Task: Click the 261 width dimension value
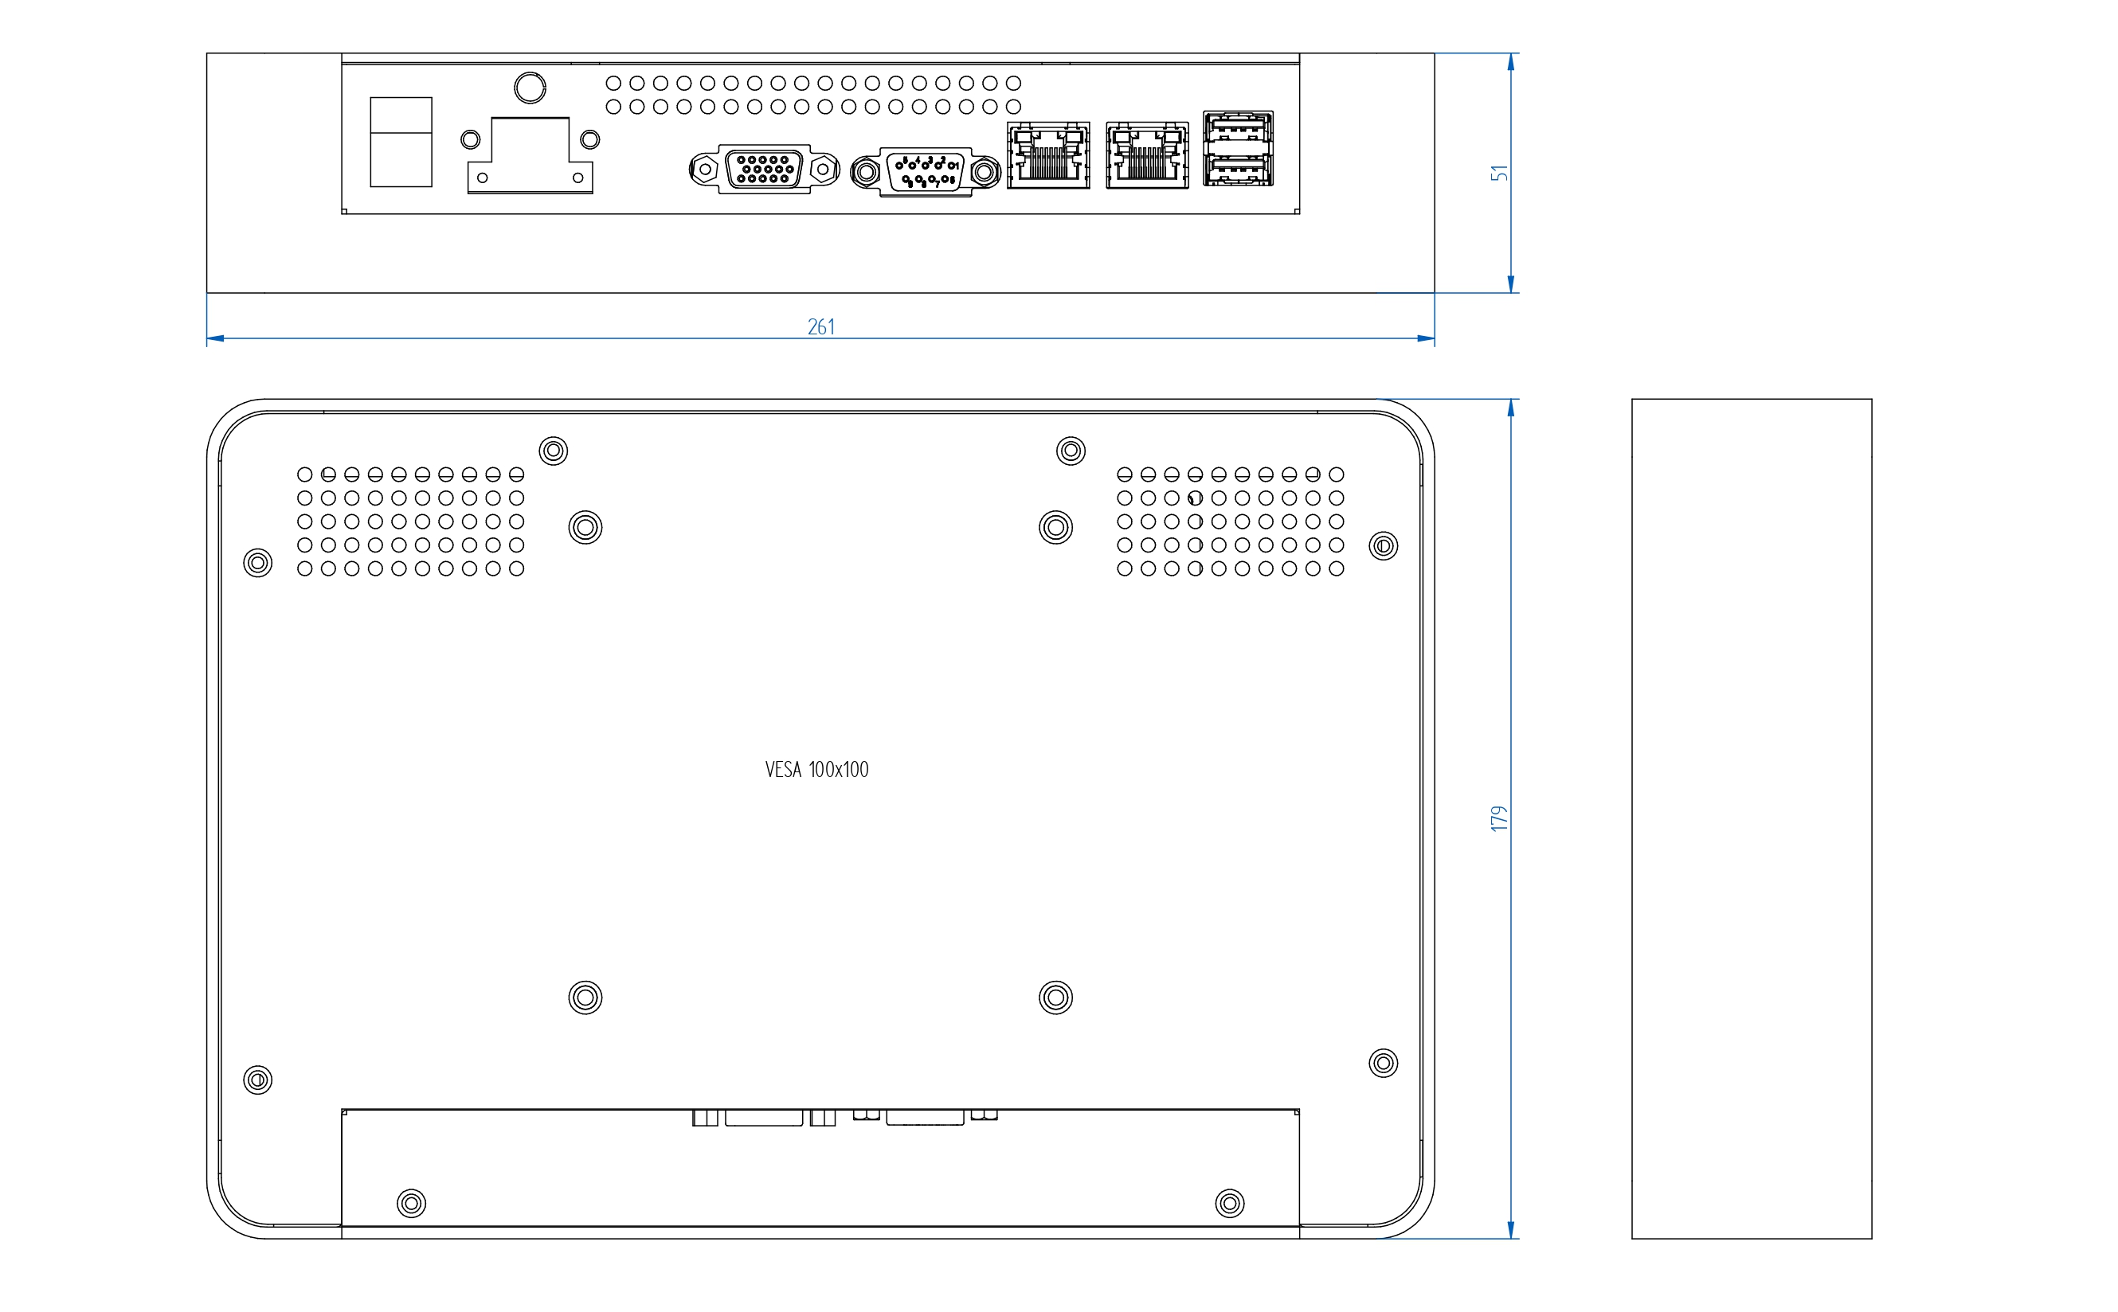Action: tap(820, 327)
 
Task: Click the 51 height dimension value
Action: tap(1499, 173)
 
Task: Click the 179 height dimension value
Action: tap(1499, 818)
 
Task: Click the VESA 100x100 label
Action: tap(816, 770)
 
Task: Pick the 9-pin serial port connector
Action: tap(926, 172)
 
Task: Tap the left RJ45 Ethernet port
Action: tap(1047, 155)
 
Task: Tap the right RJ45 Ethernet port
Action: tap(1147, 155)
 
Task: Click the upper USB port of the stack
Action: tap(1238, 129)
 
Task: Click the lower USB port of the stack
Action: tap(1238, 170)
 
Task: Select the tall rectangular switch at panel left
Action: tap(401, 142)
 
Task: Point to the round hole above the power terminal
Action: tap(530, 88)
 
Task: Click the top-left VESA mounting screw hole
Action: tap(585, 527)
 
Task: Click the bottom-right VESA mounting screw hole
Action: tap(1055, 997)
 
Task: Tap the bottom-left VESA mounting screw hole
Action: tap(585, 997)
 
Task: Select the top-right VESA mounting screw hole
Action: tap(1055, 527)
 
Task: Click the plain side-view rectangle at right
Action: tap(1751, 818)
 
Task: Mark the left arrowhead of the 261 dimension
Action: tap(215, 338)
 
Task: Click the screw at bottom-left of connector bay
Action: tap(412, 1204)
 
